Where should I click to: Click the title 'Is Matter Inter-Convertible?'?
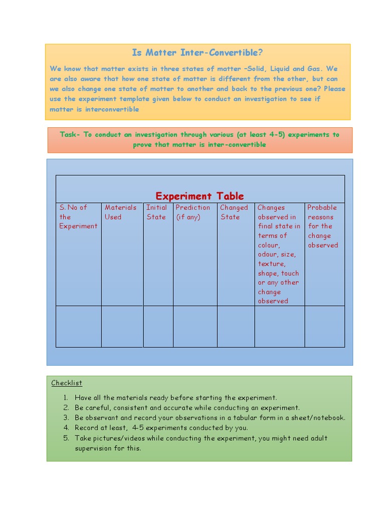pyautogui.click(x=197, y=53)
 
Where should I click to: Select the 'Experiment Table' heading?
pyautogui.click(x=200, y=196)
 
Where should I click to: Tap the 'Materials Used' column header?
pyautogui.click(x=120, y=212)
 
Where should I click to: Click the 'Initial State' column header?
pyautogui.click(x=156, y=212)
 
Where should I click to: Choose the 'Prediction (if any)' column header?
pyautogui.click(x=193, y=212)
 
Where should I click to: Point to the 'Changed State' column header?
pyautogui.click(x=234, y=212)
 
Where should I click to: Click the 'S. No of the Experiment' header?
pyautogui.click(x=78, y=216)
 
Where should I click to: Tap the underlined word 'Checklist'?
pyautogui.click(x=67, y=383)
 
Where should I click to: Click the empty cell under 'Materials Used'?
pyautogui.click(x=122, y=326)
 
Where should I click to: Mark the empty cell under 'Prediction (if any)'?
pyautogui.click(x=195, y=326)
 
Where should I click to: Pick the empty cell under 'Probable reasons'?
pyautogui.click(x=324, y=326)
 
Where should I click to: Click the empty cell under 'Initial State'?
pyautogui.click(x=158, y=326)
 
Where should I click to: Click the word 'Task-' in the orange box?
pyautogui.click(x=70, y=134)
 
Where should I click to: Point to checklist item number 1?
pyautogui.click(x=175, y=398)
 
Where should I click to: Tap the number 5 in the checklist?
pyautogui.click(x=66, y=438)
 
